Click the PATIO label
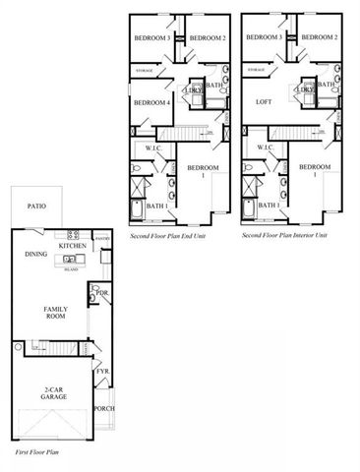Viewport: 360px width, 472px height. pos(37,207)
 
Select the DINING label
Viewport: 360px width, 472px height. pos(36,254)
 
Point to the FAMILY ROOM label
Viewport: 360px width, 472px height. pos(55,314)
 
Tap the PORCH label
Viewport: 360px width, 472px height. pos(103,408)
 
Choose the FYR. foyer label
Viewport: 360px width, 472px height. pos(101,371)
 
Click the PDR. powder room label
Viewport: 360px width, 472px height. pos(101,293)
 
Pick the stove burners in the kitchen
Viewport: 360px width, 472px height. pos(72,235)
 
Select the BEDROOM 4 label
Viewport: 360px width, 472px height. pos(152,101)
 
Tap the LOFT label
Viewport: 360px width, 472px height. pos(263,101)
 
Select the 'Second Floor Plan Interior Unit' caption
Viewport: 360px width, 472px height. pos(283,236)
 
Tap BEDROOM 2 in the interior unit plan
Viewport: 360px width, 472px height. pos(320,37)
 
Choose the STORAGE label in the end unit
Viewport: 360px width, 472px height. pos(145,71)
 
